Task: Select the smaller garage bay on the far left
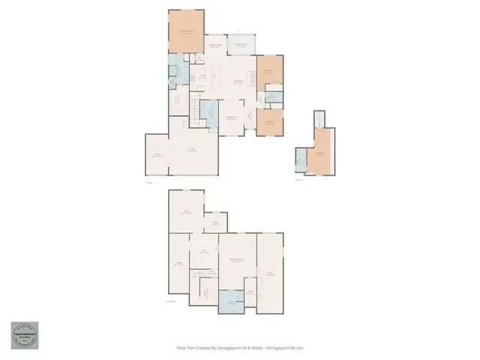click(x=157, y=155)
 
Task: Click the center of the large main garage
click(x=193, y=149)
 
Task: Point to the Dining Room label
click(x=232, y=118)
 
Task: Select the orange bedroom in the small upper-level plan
click(x=320, y=152)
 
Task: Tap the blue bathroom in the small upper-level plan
click(x=301, y=160)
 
